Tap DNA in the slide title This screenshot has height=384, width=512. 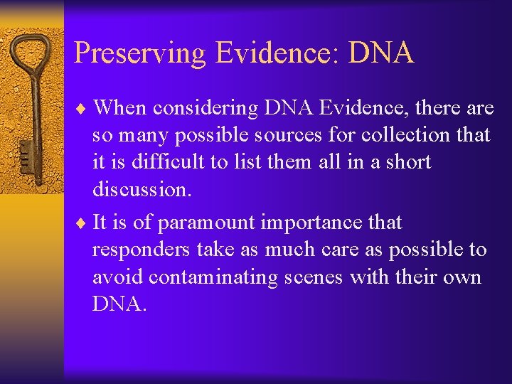pyautogui.click(x=380, y=53)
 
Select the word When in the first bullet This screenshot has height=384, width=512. pyautogui.click(x=123, y=107)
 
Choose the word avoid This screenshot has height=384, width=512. pyautogui.click(x=116, y=277)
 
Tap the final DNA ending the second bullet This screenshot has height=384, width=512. pyautogui.click(x=119, y=304)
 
